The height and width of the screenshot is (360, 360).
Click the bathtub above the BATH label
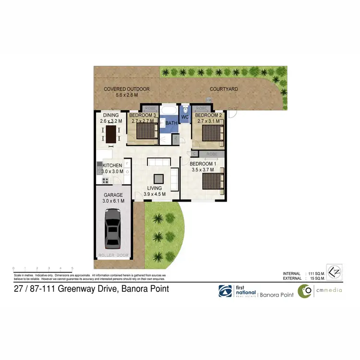click(169, 112)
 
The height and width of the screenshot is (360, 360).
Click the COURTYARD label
click(224, 89)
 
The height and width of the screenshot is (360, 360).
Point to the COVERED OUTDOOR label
click(127, 89)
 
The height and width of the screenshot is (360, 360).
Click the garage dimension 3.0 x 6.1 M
click(114, 201)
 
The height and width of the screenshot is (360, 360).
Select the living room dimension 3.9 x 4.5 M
click(155, 194)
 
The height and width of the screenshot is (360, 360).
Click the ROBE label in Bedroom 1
click(212, 154)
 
